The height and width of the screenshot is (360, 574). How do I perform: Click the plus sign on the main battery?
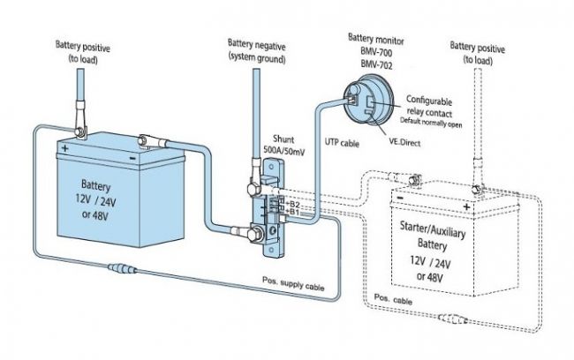[x=64, y=148]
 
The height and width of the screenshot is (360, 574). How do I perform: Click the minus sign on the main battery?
[x=132, y=158]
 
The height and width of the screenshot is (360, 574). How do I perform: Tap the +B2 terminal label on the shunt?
[x=292, y=204]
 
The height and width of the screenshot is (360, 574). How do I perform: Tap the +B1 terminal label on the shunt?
[x=292, y=212]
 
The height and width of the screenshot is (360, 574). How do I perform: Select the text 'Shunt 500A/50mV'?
[x=283, y=146]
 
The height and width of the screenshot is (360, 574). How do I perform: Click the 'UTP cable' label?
[x=342, y=143]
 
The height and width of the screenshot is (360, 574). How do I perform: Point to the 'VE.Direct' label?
[x=404, y=142]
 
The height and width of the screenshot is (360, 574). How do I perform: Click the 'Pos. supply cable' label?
[x=293, y=283]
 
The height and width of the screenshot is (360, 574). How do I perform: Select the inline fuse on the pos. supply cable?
[x=123, y=269]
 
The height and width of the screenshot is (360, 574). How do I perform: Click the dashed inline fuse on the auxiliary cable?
[x=453, y=319]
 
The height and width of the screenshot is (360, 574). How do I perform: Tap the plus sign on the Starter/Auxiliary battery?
[x=466, y=206]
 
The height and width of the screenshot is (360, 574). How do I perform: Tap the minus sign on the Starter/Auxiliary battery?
[x=400, y=198]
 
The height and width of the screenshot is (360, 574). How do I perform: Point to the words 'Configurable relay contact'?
[x=429, y=106]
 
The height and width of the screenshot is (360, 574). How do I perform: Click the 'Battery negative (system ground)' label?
[x=257, y=51]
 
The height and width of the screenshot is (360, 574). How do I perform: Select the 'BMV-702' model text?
[x=376, y=64]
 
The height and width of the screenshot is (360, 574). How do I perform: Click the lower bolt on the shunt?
[x=254, y=235]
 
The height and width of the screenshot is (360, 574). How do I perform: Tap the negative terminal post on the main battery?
[x=143, y=140]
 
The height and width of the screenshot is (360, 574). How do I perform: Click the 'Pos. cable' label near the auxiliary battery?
[x=393, y=299]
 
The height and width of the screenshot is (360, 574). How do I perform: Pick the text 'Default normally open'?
[x=431, y=123]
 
